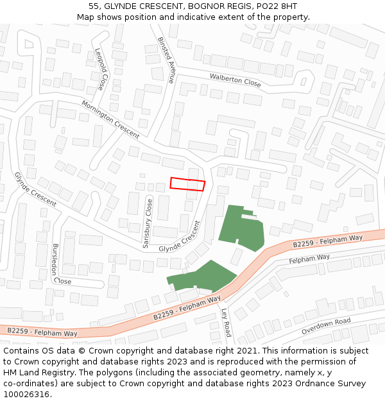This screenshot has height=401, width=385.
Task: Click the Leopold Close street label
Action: click(101, 69)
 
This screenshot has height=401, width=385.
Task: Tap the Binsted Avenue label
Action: click(166, 60)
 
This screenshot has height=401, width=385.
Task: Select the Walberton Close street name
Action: click(235, 80)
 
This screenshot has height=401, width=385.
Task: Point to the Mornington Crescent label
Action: click(110, 119)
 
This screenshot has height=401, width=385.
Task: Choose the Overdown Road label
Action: click(326, 326)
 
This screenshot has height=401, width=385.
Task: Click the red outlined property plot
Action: click(187, 184)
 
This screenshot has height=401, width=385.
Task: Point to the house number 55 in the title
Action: click(94, 6)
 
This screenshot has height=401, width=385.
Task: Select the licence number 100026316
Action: click(27, 395)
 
